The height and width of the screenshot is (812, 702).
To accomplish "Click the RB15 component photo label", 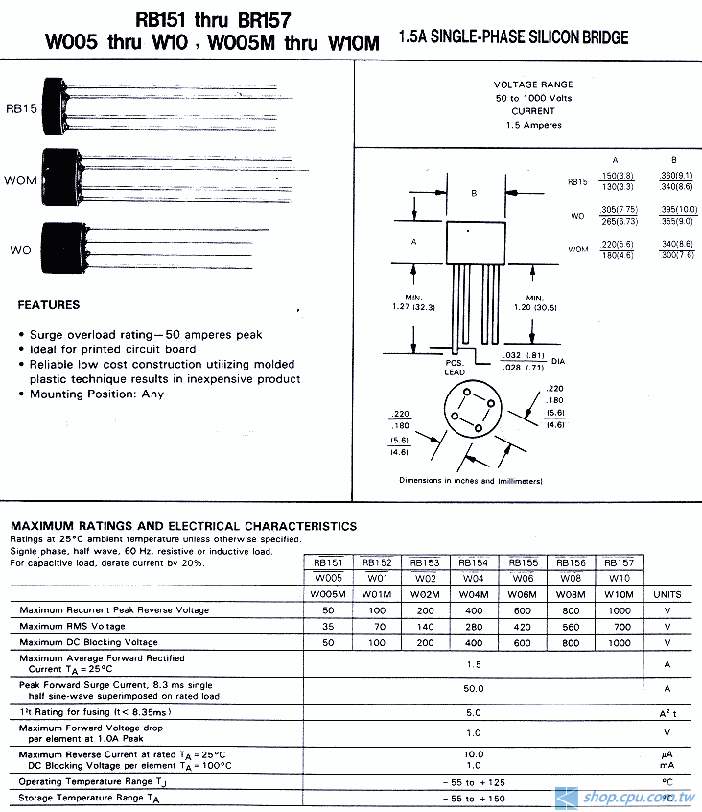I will pyautogui.click(x=21, y=108).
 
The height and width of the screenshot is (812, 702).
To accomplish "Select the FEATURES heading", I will pyautogui.click(x=49, y=305).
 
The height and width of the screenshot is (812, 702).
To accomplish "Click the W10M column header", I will pyautogui.click(x=620, y=594).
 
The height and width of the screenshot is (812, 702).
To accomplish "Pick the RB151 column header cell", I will pyautogui.click(x=328, y=562).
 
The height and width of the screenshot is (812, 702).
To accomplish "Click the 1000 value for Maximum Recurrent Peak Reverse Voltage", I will pyautogui.click(x=620, y=610).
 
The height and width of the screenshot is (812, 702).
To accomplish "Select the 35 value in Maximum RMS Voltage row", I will pyautogui.click(x=328, y=627).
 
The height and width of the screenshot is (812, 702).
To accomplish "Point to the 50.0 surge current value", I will pyautogui.click(x=474, y=688).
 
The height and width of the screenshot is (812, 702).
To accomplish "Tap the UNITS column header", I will pyautogui.click(x=667, y=594).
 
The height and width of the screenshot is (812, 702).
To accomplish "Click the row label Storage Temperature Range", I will pyautogui.click(x=89, y=798).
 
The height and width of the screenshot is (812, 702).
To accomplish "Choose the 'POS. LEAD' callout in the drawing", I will pyautogui.click(x=456, y=368).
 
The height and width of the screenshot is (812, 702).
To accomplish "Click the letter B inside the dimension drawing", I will pyautogui.click(x=474, y=193).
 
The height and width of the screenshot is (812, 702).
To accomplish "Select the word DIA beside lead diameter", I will pyautogui.click(x=558, y=361).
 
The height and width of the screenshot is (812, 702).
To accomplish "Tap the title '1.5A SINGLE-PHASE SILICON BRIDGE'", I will pyautogui.click(x=513, y=37).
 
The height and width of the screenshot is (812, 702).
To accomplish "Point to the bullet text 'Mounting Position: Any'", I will pyautogui.click(x=96, y=394).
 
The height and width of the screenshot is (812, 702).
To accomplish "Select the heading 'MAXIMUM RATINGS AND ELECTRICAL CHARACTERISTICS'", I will pyautogui.click(x=183, y=526).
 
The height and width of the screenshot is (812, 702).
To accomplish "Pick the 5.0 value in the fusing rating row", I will pyautogui.click(x=474, y=712).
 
